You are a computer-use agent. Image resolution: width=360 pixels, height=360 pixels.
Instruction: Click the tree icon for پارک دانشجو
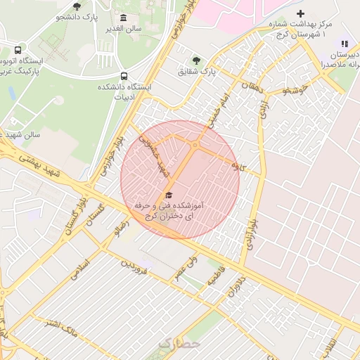[x=77, y=6]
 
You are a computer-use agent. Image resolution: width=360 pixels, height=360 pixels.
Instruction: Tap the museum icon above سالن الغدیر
[x=124, y=17]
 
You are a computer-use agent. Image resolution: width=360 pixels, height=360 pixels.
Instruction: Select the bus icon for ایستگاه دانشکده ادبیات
[x=124, y=76]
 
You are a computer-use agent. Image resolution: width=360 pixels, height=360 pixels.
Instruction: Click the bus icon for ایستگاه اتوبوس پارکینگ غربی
[x=18, y=51]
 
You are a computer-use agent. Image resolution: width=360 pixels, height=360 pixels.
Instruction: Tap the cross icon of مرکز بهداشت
[x=300, y=13]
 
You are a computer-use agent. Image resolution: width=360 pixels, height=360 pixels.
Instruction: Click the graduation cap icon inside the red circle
[x=168, y=195]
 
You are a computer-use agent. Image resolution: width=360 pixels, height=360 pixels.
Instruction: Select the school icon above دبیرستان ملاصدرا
[x=345, y=44]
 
